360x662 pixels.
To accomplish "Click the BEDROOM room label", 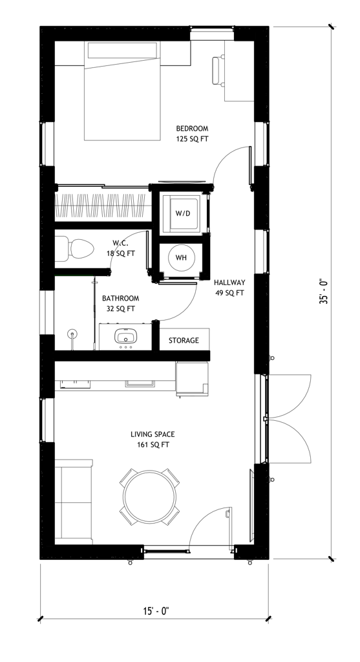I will (192, 129).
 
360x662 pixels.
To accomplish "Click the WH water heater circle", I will (181, 258).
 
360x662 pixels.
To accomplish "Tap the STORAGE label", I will (184, 341).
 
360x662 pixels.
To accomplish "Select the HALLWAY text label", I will (229, 283).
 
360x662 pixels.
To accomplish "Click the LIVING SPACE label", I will (153, 434).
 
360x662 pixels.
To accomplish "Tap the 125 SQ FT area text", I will (192, 139).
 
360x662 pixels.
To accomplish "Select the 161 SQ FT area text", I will (153, 445).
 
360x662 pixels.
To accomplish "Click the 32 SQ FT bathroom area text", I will (120, 309).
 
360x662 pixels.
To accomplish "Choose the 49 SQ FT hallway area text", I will (229, 293).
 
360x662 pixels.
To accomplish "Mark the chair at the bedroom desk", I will (217, 71).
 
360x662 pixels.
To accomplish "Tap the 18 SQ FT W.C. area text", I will (121, 253).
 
